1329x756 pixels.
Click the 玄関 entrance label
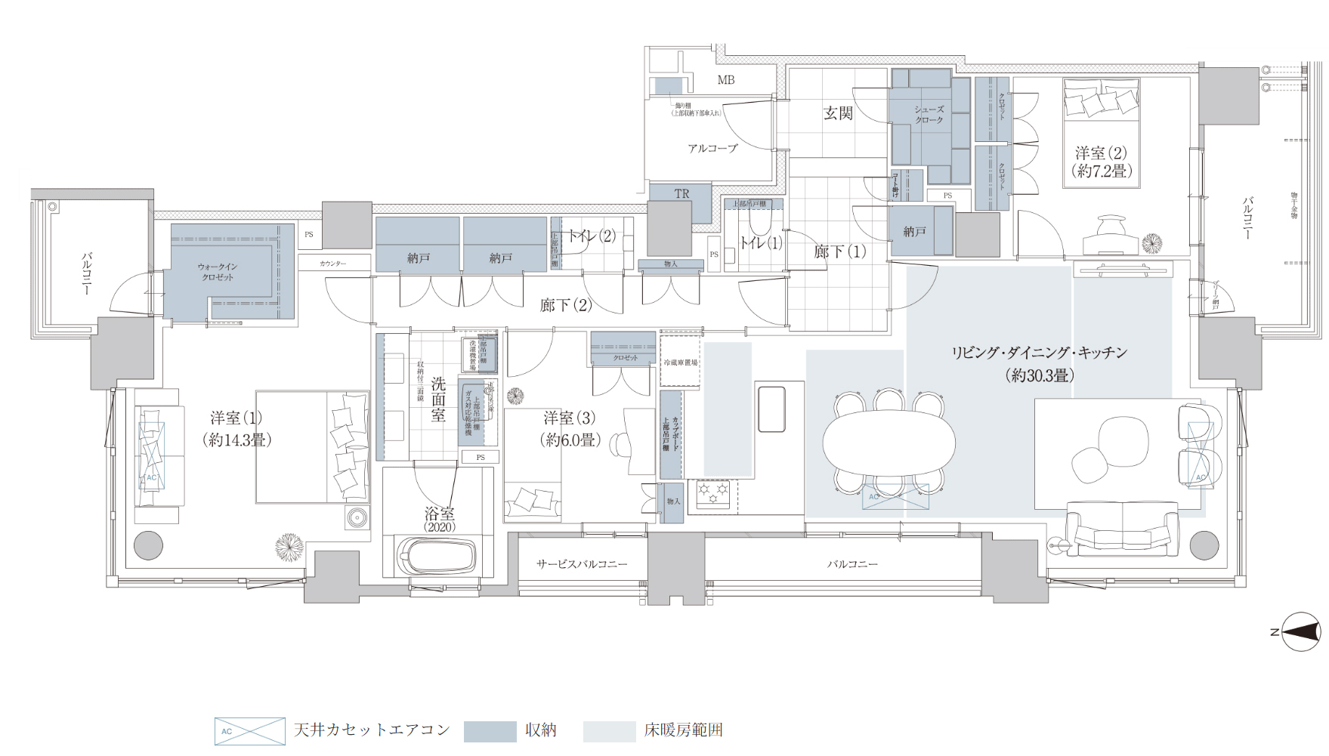pos(838,114)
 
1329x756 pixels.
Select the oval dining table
pos(889,442)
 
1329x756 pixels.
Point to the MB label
pos(725,80)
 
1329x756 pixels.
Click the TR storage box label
pos(681,194)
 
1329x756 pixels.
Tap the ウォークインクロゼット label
pos(218,272)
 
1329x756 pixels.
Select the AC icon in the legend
pos(249,731)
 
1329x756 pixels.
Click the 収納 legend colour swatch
pos(490,731)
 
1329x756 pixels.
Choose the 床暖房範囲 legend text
pos(683,730)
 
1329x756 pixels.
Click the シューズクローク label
pos(929,115)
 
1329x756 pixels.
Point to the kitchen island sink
pos(771,409)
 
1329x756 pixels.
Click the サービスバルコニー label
pos(582,564)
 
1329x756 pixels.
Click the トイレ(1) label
pos(761,243)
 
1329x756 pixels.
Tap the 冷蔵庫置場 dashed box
pos(680,363)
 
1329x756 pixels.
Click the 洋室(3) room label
pos(570,428)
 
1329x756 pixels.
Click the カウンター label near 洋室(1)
pos(332,264)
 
